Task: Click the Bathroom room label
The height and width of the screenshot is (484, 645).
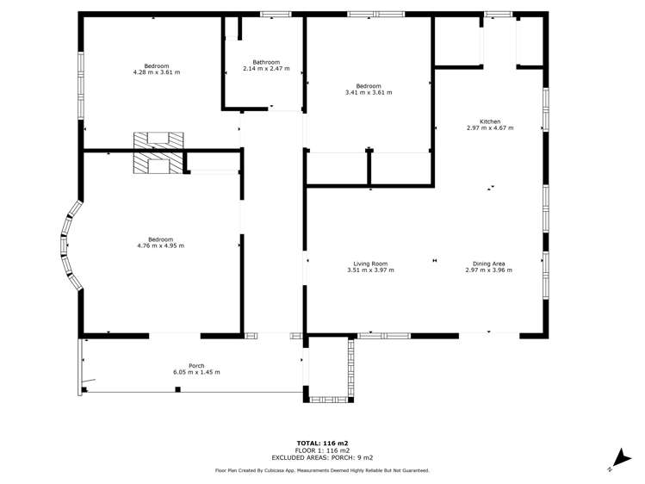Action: tap(266, 62)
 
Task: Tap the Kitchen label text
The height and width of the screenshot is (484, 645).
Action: tap(490, 121)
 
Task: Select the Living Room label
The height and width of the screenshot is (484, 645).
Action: tap(370, 264)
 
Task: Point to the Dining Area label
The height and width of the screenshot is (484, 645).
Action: tap(488, 264)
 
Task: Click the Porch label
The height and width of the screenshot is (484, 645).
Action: tap(196, 366)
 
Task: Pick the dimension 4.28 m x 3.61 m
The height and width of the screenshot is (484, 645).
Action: tap(157, 72)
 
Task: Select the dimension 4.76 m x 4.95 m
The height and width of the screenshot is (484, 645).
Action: tap(160, 246)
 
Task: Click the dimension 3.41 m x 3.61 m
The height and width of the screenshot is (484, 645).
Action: tap(369, 92)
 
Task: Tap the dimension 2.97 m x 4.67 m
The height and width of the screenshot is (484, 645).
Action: tap(490, 127)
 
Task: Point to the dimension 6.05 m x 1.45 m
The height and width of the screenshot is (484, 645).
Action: tap(196, 372)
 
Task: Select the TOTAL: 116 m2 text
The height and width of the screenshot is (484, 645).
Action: tap(322, 444)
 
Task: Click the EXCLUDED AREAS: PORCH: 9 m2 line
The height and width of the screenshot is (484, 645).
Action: tap(322, 457)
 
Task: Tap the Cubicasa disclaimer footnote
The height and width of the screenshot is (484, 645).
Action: tap(322, 470)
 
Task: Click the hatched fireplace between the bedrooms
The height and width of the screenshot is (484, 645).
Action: tap(158, 152)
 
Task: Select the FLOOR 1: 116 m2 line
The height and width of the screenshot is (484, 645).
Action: tap(322, 450)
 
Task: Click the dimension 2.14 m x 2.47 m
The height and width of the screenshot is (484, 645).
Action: tap(266, 69)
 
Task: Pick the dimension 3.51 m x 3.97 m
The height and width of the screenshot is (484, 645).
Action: tap(370, 270)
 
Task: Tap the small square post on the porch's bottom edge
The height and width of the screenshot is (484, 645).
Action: tap(177, 389)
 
